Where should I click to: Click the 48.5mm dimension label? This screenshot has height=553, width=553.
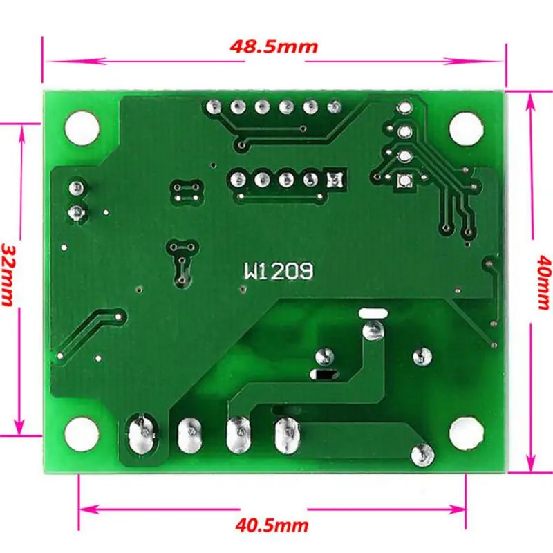click(x=273, y=46)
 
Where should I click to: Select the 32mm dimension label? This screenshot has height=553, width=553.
click(x=9, y=274)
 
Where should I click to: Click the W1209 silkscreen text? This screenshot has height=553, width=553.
click(x=278, y=271)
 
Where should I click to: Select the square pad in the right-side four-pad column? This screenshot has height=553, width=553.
click(x=404, y=181)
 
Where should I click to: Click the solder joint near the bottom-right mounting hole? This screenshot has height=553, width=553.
click(x=421, y=456)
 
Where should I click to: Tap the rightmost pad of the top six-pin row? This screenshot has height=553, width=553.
click(x=335, y=107)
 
